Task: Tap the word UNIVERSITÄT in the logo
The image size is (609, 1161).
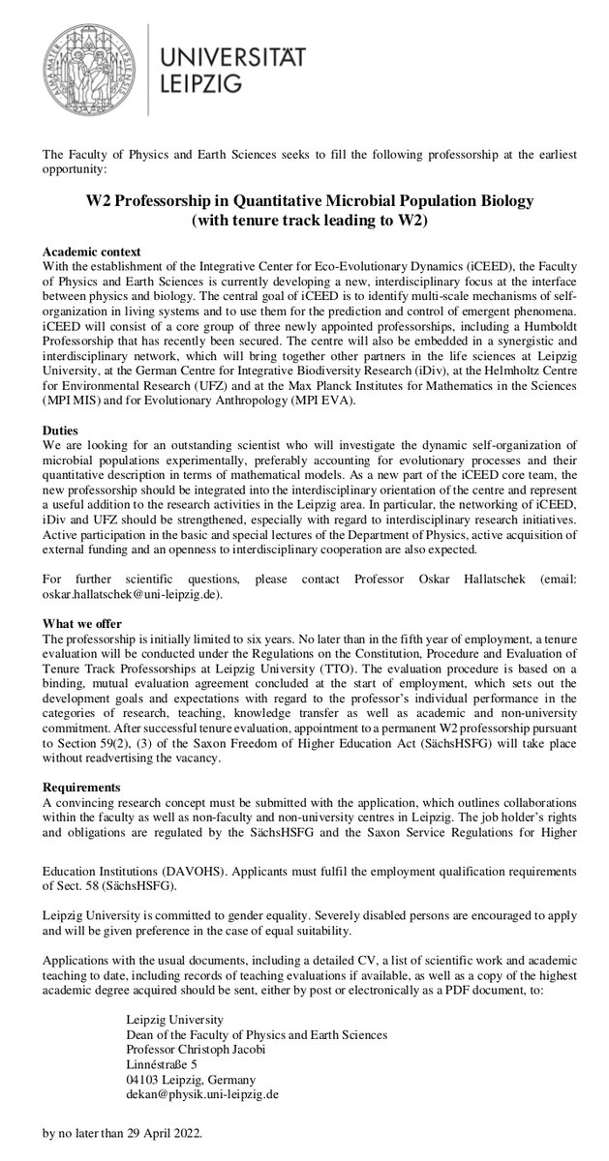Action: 232,58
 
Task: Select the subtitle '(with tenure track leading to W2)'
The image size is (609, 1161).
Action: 310,220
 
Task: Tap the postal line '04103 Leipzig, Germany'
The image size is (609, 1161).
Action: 191,1079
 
